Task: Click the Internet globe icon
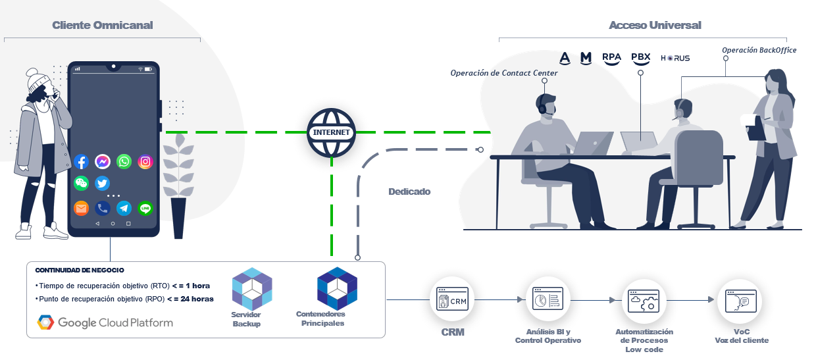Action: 331,132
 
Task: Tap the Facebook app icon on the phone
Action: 82,161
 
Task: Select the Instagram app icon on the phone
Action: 145,161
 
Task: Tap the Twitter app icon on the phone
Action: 102,184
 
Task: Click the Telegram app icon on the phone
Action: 124,209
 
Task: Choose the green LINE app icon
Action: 145,209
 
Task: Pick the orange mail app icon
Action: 81,209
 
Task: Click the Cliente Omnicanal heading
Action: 103,25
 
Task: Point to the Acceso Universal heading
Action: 655,25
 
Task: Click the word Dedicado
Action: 409,192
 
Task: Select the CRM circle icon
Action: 452,300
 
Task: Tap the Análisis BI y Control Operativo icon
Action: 548,300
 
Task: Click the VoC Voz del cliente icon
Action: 739,301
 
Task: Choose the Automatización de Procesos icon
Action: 644,301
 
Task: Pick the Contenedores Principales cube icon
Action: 337,288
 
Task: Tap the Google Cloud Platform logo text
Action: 115,322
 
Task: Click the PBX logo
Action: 640,58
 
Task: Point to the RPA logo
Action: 611,58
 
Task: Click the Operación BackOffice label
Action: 759,50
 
